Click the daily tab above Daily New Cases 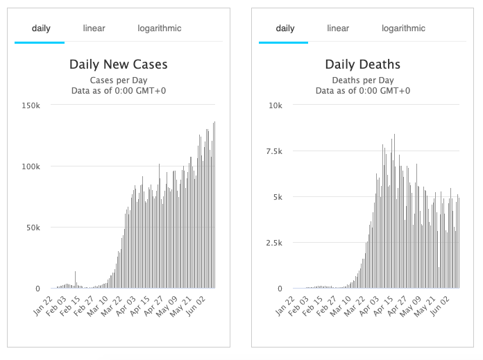pyautogui.click(x=41, y=28)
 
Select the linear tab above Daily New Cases pyautogui.click(x=94, y=28)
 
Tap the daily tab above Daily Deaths pyautogui.click(x=285, y=28)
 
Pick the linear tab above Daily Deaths pyautogui.click(x=338, y=28)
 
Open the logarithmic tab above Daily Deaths pyautogui.click(x=403, y=28)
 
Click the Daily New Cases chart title pyautogui.click(x=118, y=65)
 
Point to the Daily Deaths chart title pyautogui.click(x=362, y=65)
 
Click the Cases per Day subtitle pyautogui.click(x=118, y=80)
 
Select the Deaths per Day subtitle pyautogui.click(x=362, y=80)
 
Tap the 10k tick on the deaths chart pyautogui.click(x=276, y=105)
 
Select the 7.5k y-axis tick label pyautogui.click(x=273, y=151)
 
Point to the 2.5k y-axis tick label pyautogui.click(x=273, y=243)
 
